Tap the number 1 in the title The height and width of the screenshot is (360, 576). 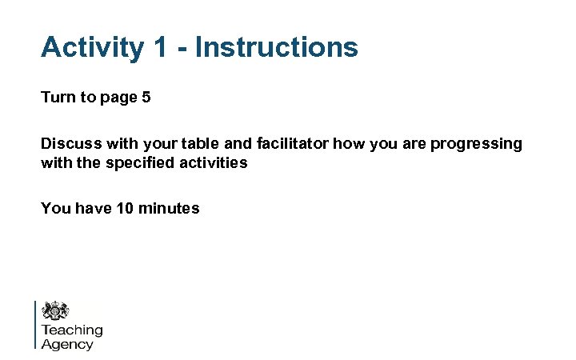click(x=160, y=47)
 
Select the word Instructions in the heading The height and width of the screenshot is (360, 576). click(x=277, y=47)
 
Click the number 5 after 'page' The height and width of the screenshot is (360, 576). click(x=146, y=98)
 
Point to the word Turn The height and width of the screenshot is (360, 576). click(x=58, y=98)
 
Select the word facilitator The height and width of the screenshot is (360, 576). click(x=292, y=144)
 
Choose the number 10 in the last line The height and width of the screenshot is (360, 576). click(x=125, y=209)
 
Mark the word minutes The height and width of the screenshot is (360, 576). click(x=169, y=209)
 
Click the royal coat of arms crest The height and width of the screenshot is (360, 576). click(x=55, y=311)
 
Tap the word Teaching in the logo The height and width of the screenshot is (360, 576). click(x=72, y=330)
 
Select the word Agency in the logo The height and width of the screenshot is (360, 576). click(x=67, y=345)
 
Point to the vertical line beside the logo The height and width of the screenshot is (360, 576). click(x=35, y=324)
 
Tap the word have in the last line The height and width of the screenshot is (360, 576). click(x=91, y=209)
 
